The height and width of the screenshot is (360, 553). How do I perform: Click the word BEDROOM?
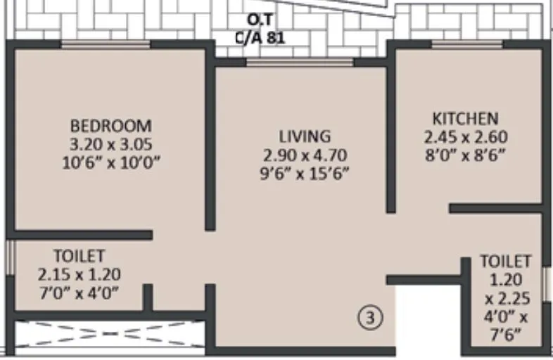coord(110,126)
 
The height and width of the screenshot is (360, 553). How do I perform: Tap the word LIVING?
coord(304,136)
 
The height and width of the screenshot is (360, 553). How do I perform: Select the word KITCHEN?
coord(465,118)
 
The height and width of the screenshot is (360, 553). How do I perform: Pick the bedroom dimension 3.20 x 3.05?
coord(110,145)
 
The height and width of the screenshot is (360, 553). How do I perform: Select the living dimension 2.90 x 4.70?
coord(304,155)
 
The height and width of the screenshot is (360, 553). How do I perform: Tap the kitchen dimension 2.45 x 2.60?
coord(465,136)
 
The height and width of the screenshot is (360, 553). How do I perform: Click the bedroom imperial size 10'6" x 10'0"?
coord(110,163)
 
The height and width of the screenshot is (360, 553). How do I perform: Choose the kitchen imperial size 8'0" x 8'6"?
coord(465,155)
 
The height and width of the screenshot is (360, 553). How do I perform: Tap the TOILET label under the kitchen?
coord(505,261)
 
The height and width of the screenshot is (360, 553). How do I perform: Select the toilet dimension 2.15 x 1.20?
coord(79,274)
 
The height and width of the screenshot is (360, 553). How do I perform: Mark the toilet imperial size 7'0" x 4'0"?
coord(79,292)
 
